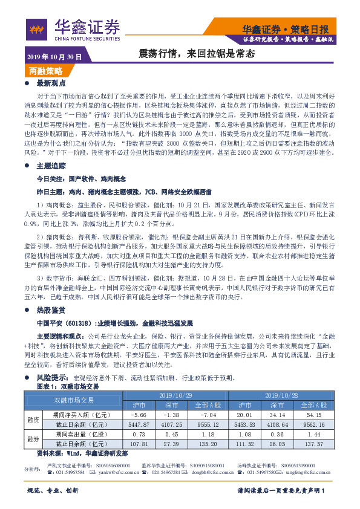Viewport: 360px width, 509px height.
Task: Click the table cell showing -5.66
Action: click(x=139, y=415)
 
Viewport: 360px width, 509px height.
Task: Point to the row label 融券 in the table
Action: click(x=33, y=439)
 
